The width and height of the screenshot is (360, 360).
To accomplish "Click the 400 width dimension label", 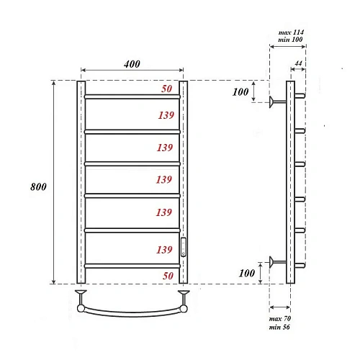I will (x=132, y=64).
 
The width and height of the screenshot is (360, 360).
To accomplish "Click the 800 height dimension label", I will (x=39, y=186).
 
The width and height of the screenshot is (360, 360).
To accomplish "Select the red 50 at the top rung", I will (x=166, y=89).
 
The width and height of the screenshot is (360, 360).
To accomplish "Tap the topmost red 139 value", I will (x=163, y=115).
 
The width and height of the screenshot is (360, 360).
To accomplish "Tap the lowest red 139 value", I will (x=163, y=250).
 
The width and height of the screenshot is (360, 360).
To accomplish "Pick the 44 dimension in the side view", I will (x=298, y=65).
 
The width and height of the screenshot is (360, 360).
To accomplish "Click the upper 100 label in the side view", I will (x=240, y=92).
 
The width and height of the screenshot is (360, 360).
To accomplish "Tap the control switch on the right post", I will (x=184, y=247).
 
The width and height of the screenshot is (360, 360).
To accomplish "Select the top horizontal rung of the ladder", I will (x=132, y=96).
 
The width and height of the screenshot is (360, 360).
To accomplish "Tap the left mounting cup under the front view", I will (x=81, y=294).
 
